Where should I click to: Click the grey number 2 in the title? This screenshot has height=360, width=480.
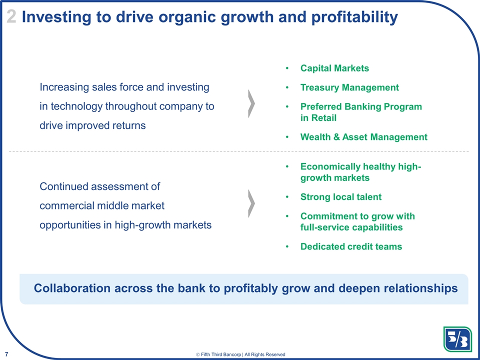click(x=11, y=17)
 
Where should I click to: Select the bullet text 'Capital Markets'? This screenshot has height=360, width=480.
click(x=334, y=68)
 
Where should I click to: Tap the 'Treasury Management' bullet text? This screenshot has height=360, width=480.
click(x=349, y=87)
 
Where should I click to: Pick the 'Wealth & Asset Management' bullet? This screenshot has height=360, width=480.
click(x=363, y=137)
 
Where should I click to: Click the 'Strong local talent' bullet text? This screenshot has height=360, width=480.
click(x=341, y=197)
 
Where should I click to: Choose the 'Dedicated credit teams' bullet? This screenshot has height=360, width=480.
click(x=351, y=246)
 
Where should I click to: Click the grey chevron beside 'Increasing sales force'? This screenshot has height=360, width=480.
click(x=251, y=104)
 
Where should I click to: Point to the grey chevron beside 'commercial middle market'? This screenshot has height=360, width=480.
click(x=251, y=203)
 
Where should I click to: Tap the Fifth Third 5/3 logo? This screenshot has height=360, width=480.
click(x=457, y=339)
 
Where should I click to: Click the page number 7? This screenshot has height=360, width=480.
click(x=6, y=354)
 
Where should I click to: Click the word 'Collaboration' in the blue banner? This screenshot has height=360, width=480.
click(x=72, y=288)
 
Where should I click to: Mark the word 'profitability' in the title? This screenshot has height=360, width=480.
click(x=354, y=17)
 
